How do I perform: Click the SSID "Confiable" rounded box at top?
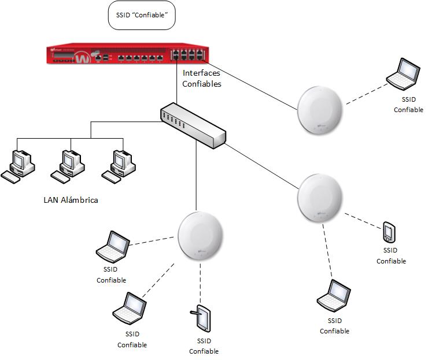coord(142,16)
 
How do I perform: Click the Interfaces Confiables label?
coord(202,79)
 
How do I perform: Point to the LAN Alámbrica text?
coord(71,201)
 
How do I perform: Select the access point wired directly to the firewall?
coord(320,110)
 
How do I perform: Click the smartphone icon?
coord(388,232)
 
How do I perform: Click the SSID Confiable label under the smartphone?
coord(391,255)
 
